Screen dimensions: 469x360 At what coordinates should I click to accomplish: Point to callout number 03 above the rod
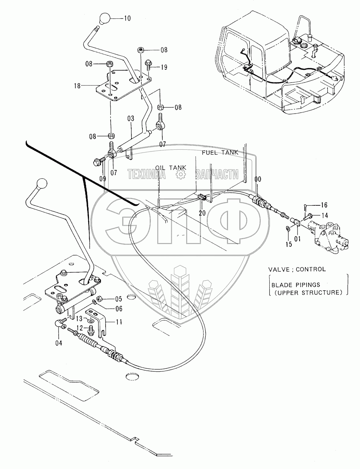click(130, 119)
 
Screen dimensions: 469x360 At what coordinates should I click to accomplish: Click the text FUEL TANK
click(220, 153)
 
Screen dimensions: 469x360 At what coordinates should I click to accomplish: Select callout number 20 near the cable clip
click(202, 213)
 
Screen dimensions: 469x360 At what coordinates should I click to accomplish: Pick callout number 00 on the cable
click(258, 179)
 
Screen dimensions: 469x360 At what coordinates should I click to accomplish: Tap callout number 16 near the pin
click(324, 205)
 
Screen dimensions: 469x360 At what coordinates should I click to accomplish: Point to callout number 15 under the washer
click(288, 244)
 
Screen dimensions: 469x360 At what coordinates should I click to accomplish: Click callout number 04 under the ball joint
click(59, 343)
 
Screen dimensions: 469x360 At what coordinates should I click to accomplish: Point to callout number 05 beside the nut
click(119, 299)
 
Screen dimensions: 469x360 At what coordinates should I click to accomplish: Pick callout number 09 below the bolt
click(103, 178)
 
